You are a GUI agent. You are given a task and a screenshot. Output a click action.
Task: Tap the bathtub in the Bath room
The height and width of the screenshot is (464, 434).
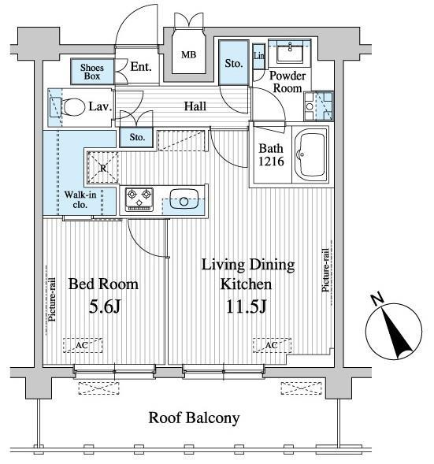coord(310,154)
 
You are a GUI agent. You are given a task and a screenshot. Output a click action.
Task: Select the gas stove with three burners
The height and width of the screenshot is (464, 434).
coord(139,199)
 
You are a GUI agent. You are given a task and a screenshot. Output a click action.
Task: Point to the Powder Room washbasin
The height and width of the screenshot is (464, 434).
coord(290,51)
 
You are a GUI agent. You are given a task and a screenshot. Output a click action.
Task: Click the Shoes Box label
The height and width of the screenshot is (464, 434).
coord(92,72)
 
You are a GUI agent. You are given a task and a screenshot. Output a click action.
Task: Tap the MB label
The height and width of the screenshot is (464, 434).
coord(188,54)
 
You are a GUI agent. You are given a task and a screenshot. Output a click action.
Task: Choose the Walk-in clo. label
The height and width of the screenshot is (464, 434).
coord(80,199)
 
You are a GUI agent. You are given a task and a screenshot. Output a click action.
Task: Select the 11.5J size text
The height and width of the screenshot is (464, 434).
coord(246,306)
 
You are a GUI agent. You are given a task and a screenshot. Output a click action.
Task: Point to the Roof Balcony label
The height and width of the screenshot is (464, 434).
coord(194,418)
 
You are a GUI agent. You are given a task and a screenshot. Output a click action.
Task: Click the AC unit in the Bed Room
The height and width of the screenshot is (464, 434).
coord(83,345)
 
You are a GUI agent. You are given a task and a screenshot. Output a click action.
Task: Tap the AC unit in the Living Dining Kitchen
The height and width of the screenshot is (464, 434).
coord(272,345)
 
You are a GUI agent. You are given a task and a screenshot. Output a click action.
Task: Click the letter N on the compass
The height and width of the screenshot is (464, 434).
coord(377,299)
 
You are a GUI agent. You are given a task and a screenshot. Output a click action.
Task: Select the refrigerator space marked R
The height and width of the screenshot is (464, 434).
coord(103,168)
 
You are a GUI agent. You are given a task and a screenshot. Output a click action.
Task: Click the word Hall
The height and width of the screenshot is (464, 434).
coord(195,106)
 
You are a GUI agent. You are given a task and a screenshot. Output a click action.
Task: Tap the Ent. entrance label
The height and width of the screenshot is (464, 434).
coord(141,67)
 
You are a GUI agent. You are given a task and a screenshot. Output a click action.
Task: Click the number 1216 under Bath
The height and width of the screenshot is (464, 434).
coord(271,161)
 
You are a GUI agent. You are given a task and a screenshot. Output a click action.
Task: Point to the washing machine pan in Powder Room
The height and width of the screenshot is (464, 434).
coord(319,106)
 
